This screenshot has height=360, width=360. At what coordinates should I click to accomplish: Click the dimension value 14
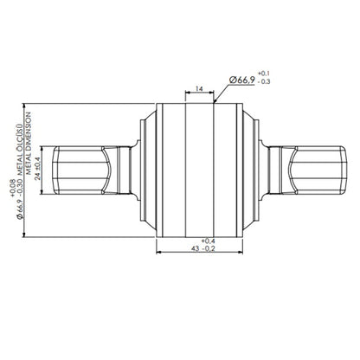click(x=199, y=88)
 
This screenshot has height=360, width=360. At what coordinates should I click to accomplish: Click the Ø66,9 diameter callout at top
click(x=242, y=80)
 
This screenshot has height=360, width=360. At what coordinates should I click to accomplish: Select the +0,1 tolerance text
click(x=263, y=73)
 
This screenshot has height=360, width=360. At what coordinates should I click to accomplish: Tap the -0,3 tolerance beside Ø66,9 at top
click(x=263, y=81)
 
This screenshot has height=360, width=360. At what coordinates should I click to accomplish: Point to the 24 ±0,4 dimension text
click(x=38, y=170)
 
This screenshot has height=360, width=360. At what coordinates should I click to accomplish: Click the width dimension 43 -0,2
click(x=203, y=248)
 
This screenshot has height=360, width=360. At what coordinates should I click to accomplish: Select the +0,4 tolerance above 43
click(x=209, y=241)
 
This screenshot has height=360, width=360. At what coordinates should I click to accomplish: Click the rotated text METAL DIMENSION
click(x=29, y=144)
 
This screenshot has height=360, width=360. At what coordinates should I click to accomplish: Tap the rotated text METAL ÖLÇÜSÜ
click(x=20, y=150)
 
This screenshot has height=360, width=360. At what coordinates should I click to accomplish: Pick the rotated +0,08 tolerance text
click(x=13, y=188)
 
